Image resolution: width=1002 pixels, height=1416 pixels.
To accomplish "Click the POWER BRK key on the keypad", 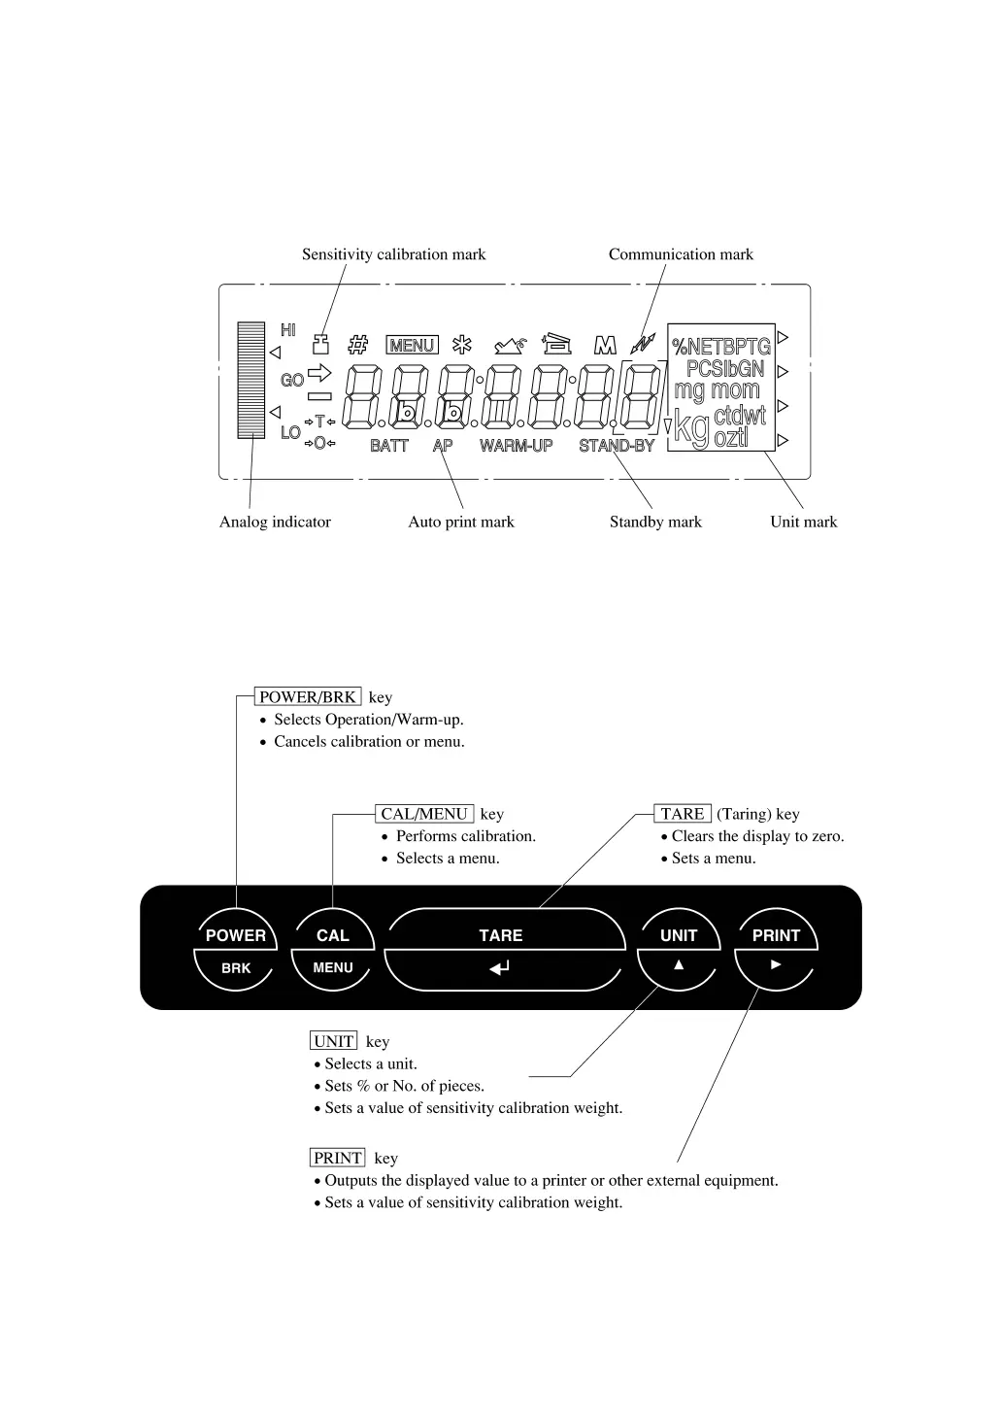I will [x=236, y=949].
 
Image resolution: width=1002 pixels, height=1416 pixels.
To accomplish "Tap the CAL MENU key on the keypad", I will [x=332, y=949].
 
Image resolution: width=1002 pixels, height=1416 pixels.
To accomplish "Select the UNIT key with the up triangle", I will [x=678, y=949].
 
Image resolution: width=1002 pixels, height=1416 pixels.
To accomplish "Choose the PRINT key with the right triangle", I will [x=776, y=949].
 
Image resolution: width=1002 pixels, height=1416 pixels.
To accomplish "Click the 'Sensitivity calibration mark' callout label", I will [x=393, y=254].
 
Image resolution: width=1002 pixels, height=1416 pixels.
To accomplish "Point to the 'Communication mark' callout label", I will [x=681, y=254].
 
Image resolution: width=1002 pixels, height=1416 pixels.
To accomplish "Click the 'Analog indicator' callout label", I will [x=275, y=523].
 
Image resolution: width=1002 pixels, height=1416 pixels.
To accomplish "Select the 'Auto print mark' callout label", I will [x=461, y=523].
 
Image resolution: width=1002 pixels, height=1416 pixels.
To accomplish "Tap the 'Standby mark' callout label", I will [x=655, y=523].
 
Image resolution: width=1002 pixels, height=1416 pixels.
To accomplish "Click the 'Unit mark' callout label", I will [x=803, y=523].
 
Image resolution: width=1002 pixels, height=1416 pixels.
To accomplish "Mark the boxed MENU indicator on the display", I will [x=412, y=346].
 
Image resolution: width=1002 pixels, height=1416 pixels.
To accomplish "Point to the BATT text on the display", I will [x=389, y=446].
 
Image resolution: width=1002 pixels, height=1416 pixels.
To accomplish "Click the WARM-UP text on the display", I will [x=516, y=446].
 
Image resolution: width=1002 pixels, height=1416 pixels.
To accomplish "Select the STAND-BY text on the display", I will [x=617, y=446].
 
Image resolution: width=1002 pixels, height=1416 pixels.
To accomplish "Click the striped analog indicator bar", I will [x=251, y=380].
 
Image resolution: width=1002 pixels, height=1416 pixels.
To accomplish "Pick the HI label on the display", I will [x=288, y=331].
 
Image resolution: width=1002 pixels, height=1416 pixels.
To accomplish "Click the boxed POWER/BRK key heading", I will [x=308, y=697].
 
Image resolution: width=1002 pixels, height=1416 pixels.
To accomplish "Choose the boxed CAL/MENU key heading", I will [x=424, y=814].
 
